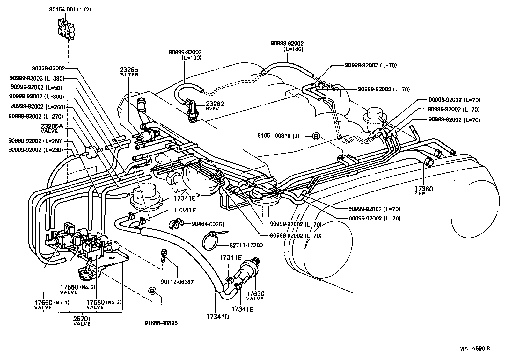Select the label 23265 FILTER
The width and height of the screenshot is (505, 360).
pos(129,72)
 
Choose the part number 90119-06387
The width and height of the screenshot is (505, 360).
pos(177,282)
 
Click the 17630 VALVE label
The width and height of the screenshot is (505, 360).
pos(255,295)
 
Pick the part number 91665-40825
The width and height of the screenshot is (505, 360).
pos(161,323)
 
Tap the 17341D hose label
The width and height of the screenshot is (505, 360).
pos(218,317)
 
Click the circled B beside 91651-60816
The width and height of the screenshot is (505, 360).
pos(315,136)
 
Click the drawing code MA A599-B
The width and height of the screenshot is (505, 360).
pos(474,349)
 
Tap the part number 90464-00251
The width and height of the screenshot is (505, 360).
pos(208,224)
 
